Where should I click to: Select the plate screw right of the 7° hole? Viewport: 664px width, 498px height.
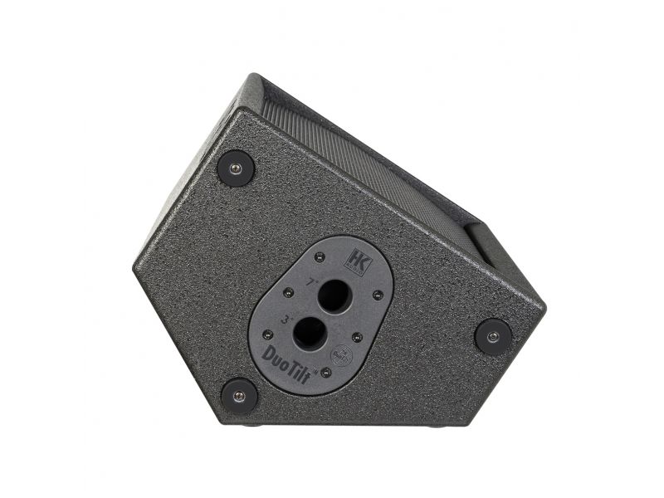coord(378,295)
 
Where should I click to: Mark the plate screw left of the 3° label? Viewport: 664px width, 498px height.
coord(266,334)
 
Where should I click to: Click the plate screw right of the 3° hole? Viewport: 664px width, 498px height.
coord(356,337)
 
